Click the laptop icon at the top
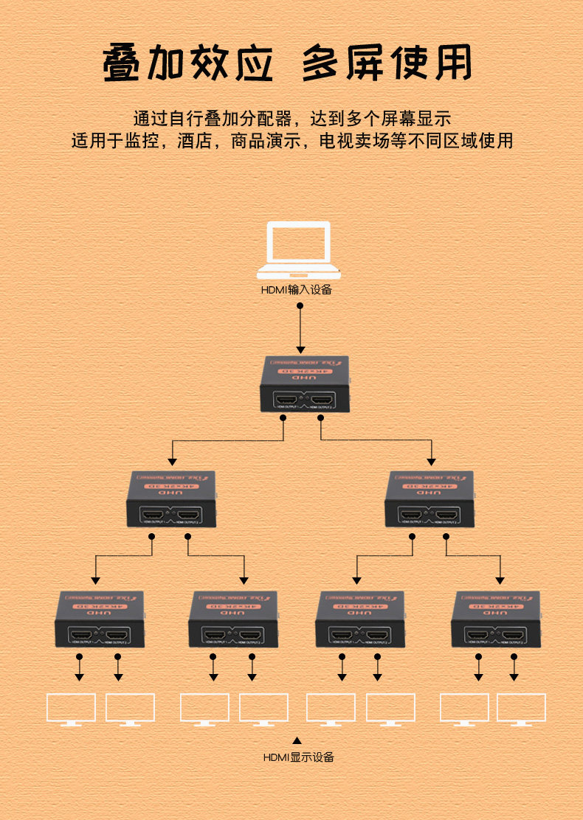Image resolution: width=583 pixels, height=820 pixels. tap(299, 251)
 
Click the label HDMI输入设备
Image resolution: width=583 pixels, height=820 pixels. tap(297, 290)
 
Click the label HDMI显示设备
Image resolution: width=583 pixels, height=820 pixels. tap(299, 757)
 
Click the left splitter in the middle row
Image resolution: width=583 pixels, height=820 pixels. tap(170, 499)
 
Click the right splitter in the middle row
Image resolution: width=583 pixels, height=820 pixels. tap(430, 499)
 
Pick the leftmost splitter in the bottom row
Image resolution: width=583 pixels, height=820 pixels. tap(100, 619)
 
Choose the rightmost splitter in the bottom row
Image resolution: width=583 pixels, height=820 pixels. tap(496, 619)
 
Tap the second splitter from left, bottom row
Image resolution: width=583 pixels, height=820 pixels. tap(233, 619)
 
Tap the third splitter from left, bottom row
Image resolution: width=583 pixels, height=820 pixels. tap(360, 619)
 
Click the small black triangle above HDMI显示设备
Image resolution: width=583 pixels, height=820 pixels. tap(297, 740)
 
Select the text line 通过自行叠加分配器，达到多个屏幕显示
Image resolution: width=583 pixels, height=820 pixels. tap(291, 117)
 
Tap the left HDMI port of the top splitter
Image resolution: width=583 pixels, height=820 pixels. tap(286, 402)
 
